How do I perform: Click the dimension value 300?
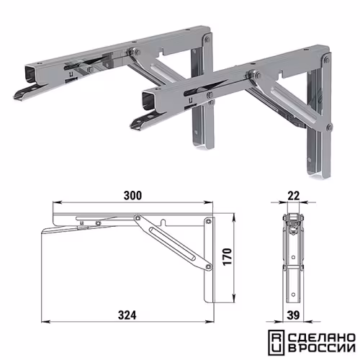[x=132, y=195]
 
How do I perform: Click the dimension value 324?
[x=127, y=315]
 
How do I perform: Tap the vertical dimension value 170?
[x=228, y=257]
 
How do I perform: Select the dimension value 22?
[x=294, y=196]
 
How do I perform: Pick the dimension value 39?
[x=293, y=315]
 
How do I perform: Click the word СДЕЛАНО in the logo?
[x=321, y=338]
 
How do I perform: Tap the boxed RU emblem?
[x=276, y=343]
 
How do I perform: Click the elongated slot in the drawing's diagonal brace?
[x=172, y=243]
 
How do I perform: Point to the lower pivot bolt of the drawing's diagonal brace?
[x=209, y=266]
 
